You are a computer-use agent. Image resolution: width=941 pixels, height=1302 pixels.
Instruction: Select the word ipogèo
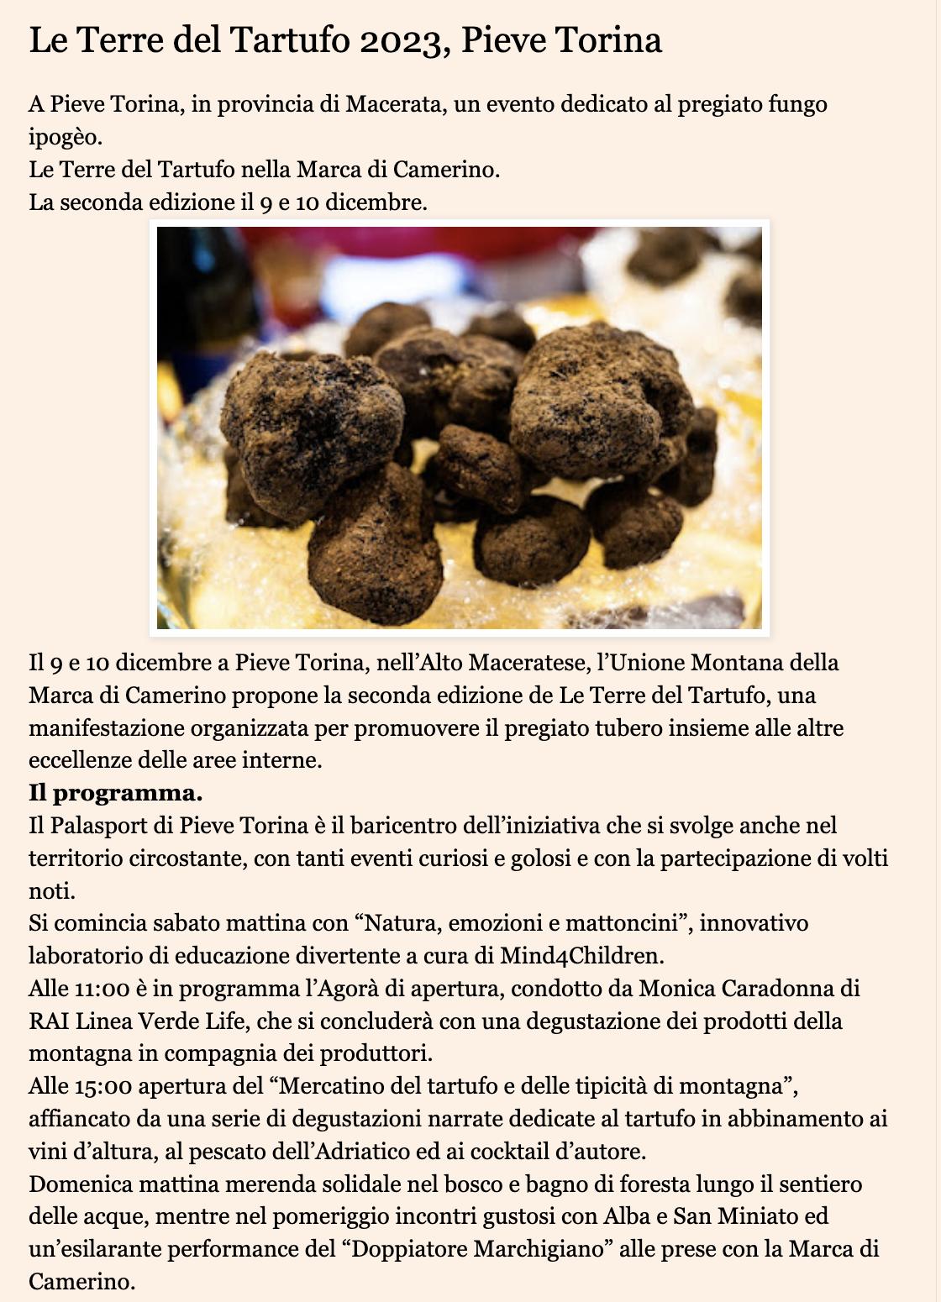coord(65,138)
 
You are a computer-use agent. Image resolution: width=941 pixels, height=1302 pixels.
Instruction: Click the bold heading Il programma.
coord(116,793)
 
